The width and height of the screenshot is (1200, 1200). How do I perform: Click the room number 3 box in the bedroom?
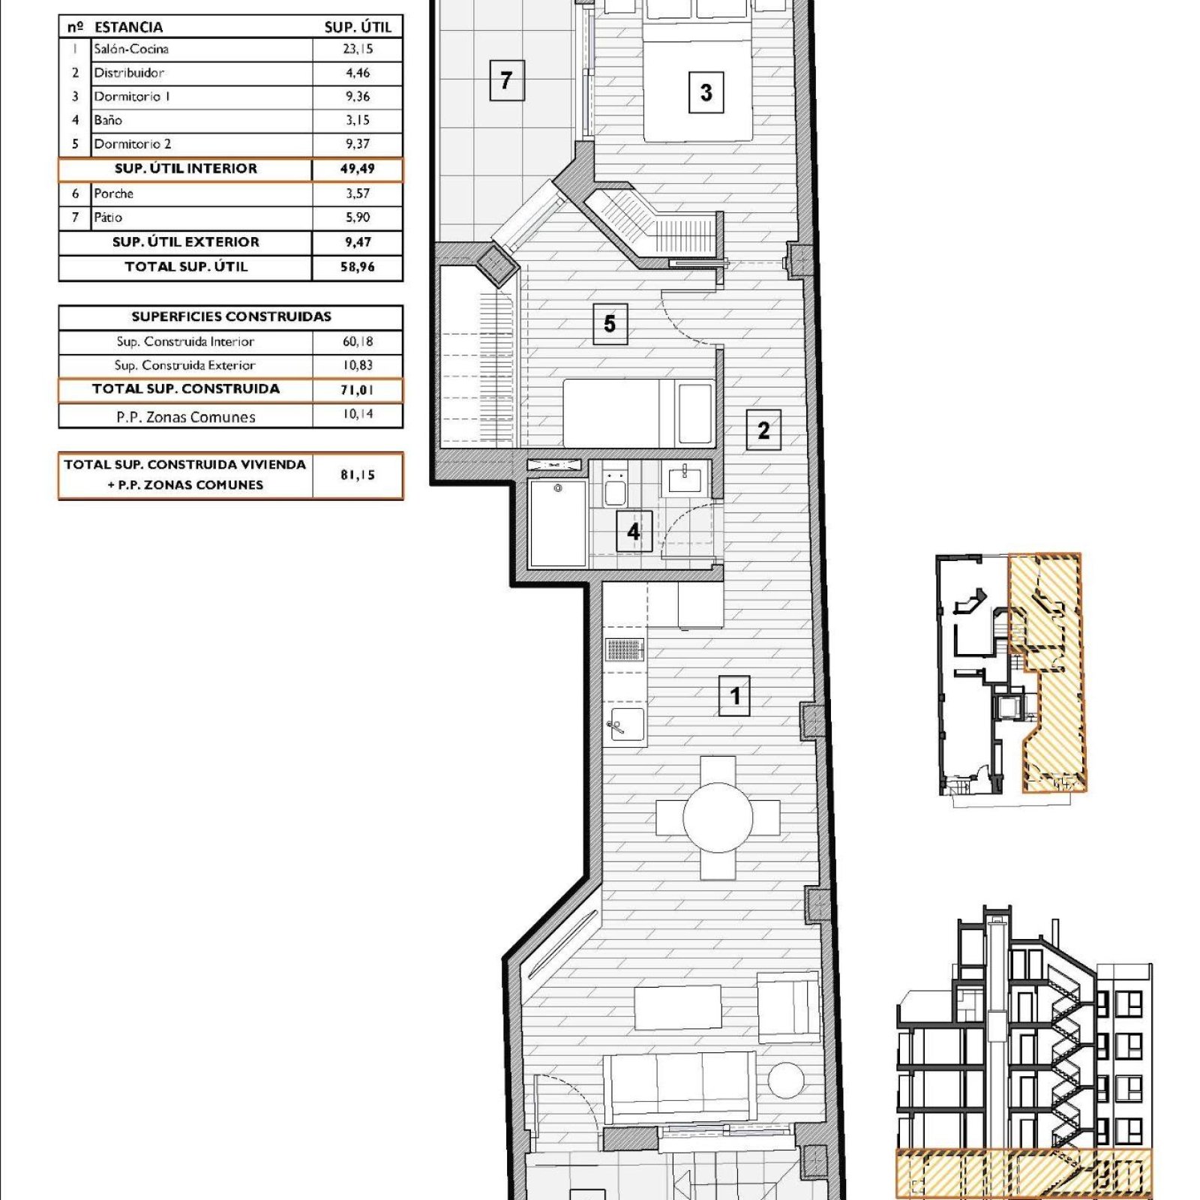[706, 92]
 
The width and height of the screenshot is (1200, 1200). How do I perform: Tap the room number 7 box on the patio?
[506, 79]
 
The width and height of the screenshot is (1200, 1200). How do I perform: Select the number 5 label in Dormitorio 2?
[610, 323]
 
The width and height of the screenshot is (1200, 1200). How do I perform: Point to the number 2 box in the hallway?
[763, 430]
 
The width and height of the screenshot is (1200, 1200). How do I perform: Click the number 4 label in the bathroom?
[634, 531]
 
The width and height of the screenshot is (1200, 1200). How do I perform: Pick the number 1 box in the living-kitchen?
[734, 695]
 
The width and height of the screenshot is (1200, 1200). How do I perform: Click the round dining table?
[718, 817]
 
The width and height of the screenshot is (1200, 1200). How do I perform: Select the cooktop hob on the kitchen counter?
[625, 649]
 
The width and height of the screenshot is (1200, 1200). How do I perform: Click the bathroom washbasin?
[685, 478]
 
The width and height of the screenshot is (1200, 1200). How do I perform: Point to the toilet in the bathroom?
[615, 487]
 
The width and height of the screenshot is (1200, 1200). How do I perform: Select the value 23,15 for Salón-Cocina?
[358, 49]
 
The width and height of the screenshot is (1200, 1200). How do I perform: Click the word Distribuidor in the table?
[129, 73]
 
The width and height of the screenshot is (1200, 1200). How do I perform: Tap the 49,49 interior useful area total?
[358, 169]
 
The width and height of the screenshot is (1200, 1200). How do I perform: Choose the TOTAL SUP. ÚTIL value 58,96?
[358, 267]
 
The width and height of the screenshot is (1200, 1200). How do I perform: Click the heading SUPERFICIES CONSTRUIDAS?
[231, 316]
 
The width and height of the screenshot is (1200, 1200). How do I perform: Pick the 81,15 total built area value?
[358, 475]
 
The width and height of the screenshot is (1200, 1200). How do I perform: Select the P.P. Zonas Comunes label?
[186, 417]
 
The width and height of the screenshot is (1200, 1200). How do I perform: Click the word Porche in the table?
[114, 193]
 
